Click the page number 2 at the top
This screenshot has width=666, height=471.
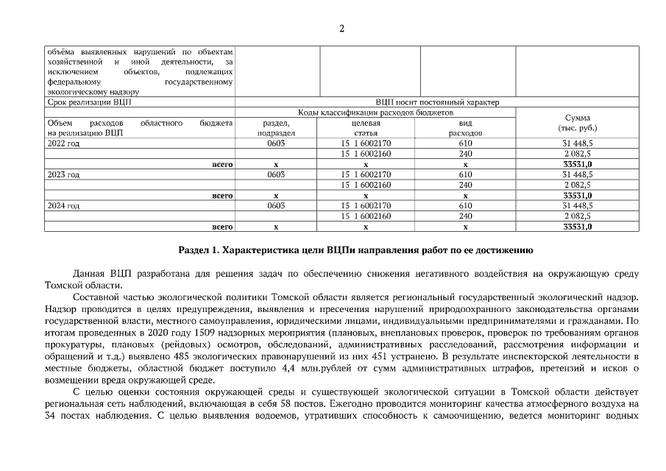(x=341, y=29)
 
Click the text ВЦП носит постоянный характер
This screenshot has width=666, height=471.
(x=436, y=102)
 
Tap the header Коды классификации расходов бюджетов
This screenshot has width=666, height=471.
(x=375, y=113)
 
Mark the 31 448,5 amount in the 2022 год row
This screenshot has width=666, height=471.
(x=578, y=144)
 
